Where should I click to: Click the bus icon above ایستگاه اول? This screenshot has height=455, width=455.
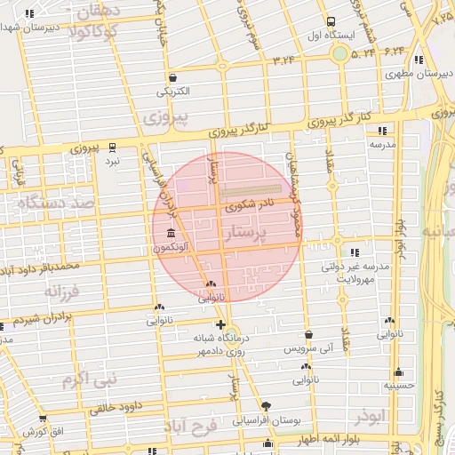[x=331, y=21]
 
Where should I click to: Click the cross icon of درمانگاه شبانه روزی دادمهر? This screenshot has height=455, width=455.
[x=220, y=325]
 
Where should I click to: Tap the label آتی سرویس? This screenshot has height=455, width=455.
[x=308, y=349]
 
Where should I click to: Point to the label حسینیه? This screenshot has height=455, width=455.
[x=399, y=386]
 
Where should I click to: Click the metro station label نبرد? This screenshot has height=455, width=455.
[x=112, y=162]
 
